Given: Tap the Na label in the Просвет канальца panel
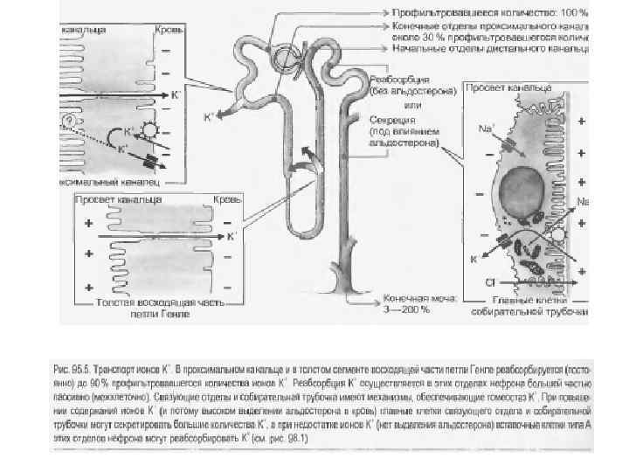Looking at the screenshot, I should click(x=487, y=128).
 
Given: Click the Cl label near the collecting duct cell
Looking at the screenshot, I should click(x=491, y=281).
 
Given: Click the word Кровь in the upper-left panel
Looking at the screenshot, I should click(x=169, y=31).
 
